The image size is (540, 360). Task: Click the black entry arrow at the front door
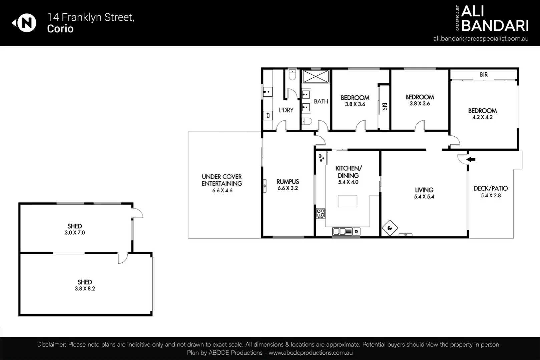click(471, 160)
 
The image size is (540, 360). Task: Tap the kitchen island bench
click(347, 201)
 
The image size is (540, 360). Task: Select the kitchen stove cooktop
click(321, 213)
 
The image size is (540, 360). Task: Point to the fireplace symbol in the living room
click(389, 228)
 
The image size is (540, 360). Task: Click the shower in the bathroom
click(315, 76)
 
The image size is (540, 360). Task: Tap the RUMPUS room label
click(288, 182)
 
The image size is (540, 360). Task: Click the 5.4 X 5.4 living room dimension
click(424, 197)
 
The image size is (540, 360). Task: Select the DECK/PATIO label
click(490, 188)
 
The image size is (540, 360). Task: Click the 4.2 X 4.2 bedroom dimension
click(482, 117)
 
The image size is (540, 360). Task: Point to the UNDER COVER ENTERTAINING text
click(221, 180)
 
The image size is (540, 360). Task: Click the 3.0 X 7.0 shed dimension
click(75, 233)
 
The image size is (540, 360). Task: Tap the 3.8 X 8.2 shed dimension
click(85, 289)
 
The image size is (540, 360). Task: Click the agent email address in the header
click(481, 38)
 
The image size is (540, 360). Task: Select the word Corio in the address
click(60, 29)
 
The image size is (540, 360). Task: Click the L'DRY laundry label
click(286, 110)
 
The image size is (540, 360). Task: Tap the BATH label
click(321, 101)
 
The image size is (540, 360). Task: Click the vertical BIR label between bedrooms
click(384, 107)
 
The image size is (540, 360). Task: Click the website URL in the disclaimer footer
click(310, 353)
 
